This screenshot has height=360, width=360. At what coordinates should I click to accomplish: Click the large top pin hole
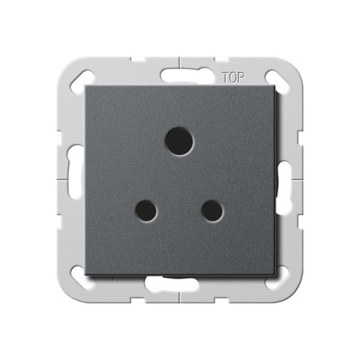(179, 141)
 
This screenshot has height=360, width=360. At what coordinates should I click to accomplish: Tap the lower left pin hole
(146, 210)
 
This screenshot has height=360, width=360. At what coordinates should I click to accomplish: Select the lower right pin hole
(212, 210)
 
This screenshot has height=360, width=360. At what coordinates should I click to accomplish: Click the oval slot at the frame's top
(179, 75)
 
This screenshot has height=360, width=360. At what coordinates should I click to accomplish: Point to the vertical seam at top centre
(179, 63)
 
